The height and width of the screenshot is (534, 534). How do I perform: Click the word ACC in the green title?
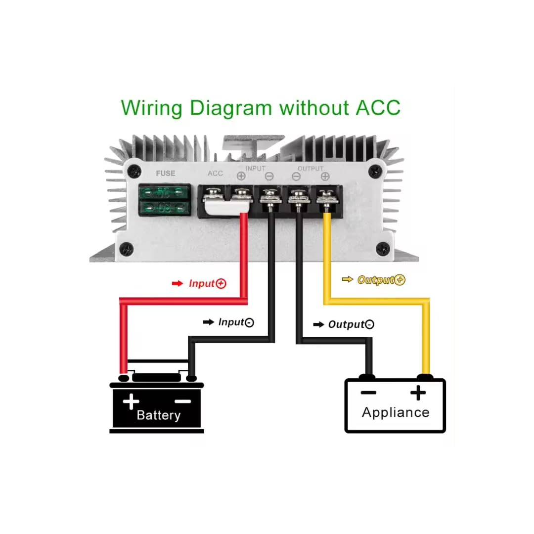tap(378, 107)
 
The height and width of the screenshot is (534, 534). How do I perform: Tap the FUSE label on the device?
tap(165, 174)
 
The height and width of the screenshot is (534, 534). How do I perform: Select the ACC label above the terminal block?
tap(215, 174)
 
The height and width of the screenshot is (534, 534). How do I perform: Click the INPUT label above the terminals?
tap(255, 169)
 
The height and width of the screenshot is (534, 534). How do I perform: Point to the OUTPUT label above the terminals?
tap(310, 169)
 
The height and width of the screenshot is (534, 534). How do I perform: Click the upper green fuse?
tap(165, 193)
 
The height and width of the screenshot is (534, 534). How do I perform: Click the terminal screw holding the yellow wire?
tap(325, 196)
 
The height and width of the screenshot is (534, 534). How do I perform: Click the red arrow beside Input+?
tap(177, 283)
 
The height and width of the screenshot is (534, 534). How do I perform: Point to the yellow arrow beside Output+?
tap(348, 280)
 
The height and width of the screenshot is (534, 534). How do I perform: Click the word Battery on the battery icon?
tap(158, 415)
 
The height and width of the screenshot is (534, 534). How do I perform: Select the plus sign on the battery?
tap(131, 401)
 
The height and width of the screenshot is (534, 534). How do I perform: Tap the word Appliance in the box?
tap(396, 412)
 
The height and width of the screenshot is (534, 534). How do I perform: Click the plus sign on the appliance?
tap(418, 393)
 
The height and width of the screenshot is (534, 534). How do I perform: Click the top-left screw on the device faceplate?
tap(133, 172)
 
